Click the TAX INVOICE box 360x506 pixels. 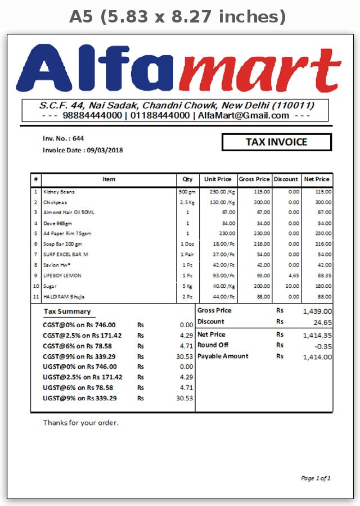click(276, 142)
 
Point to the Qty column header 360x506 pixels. click(187, 179)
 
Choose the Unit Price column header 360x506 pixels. click(218, 179)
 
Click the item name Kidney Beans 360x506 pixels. click(58, 192)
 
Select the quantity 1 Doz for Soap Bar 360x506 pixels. click(187, 244)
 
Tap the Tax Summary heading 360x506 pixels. click(67, 311)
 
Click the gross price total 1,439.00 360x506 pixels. click(317, 311)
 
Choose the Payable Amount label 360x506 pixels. click(223, 356)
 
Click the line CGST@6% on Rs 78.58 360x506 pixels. click(78, 346)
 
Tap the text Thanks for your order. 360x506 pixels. click(81, 423)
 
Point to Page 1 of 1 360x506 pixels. click(316, 478)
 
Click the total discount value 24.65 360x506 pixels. click(322, 322)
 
